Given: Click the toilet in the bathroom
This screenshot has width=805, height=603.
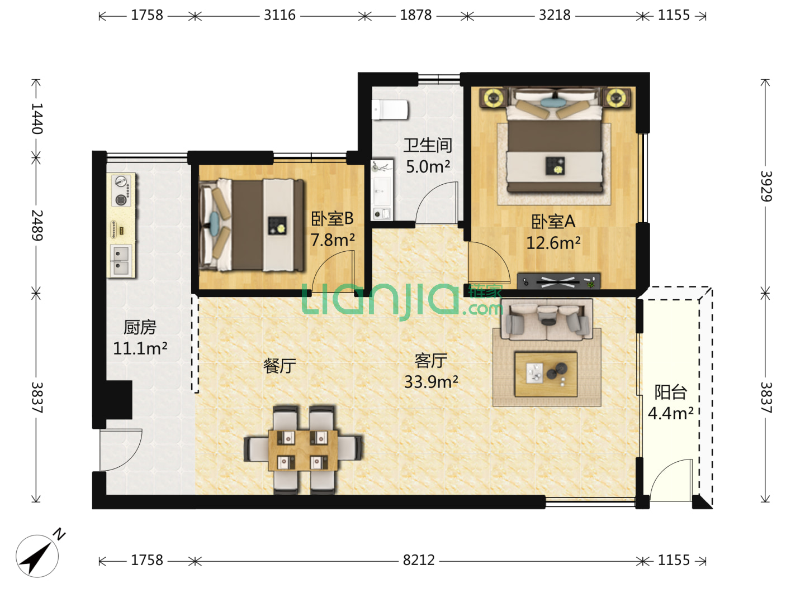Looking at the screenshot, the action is (x=390, y=109).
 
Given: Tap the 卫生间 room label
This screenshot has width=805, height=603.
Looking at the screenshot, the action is (x=428, y=145).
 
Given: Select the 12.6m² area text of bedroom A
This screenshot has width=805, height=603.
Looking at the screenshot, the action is (x=553, y=243).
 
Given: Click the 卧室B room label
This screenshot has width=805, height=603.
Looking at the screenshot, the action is (x=332, y=218).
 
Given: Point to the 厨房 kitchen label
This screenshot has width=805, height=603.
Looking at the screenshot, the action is (x=140, y=327).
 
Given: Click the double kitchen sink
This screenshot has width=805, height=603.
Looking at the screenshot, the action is (x=121, y=260).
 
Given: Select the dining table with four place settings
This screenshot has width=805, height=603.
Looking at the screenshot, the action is (x=303, y=450).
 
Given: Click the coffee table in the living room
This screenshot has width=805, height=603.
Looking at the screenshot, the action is (x=546, y=374).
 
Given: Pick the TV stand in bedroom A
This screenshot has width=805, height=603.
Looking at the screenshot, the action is (x=558, y=281).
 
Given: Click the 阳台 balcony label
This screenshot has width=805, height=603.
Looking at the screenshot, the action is (x=670, y=392).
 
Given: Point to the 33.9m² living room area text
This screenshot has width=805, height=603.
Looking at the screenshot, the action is (x=431, y=382).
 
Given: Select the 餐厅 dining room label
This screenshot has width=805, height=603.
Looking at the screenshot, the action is (x=280, y=366).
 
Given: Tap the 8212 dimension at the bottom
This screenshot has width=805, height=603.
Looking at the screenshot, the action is (x=419, y=560).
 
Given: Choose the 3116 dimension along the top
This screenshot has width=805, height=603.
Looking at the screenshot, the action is (x=280, y=15).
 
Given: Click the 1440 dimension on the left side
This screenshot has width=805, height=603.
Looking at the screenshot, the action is (x=37, y=118).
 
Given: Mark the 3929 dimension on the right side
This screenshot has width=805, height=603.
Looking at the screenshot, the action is (x=766, y=186).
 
